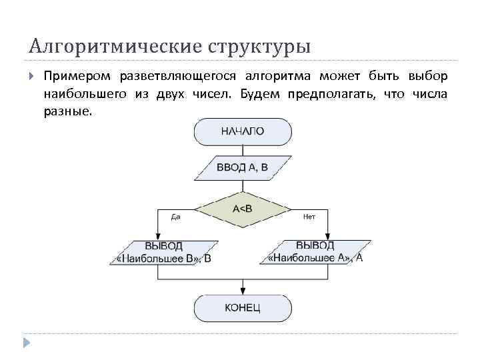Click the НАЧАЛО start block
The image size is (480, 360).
pos(242,131)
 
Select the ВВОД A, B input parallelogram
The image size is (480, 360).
pos(242,167)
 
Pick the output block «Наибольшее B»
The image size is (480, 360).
pos(164,253)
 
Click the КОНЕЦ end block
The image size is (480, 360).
pos(242,307)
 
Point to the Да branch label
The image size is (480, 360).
pos(176,217)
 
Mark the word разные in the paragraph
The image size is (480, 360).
pos(65,111)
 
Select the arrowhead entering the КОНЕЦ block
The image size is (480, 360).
pos(242,291)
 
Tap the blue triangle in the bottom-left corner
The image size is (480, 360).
pos(26,343)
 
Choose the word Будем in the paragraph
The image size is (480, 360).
pos(262,94)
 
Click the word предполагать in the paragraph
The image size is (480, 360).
pos(331,94)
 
